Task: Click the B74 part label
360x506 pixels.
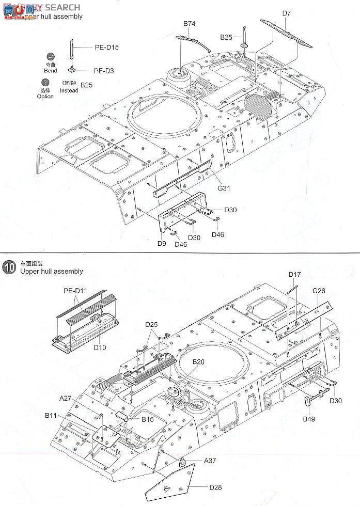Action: (x=189, y=24)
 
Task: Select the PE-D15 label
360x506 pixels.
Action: (x=106, y=47)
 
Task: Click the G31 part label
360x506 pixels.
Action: (x=223, y=188)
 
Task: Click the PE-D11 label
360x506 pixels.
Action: (x=75, y=291)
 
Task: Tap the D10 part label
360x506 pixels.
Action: (x=100, y=347)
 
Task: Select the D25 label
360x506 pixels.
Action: (x=151, y=324)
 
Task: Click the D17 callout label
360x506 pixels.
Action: (x=294, y=274)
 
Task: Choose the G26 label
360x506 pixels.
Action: (x=319, y=291)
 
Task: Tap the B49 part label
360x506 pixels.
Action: (x=309, y=418)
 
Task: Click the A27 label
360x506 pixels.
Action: (x=65, y=398)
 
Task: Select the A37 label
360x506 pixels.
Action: (x=210, y=460)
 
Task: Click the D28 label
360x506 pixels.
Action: (x=216, y=486)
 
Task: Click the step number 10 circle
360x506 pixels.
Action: (x=9, y=267)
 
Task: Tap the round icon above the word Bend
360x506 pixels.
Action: (x=51, y=57)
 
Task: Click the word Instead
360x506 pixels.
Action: (x=69, y=90)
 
